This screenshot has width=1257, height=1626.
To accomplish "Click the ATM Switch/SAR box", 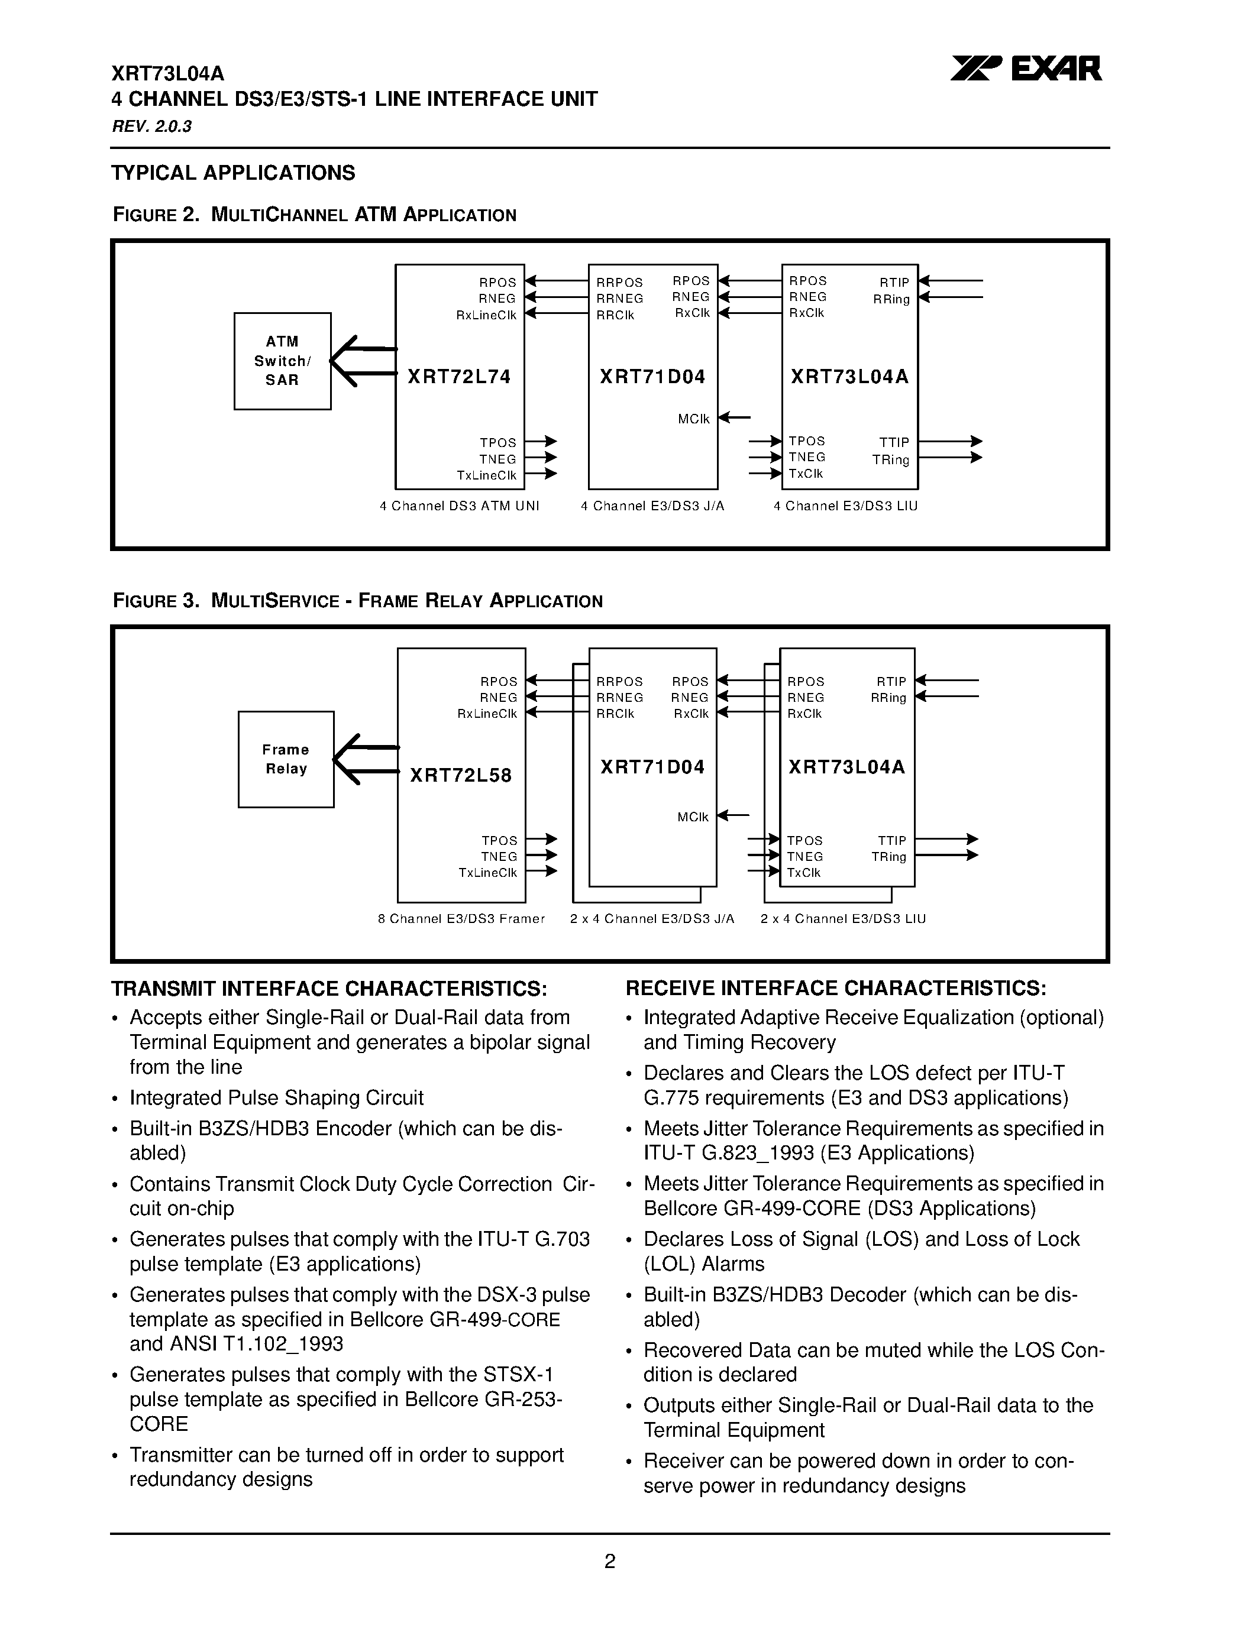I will tap(282, 361).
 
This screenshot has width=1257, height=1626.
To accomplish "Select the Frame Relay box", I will tap(286, 759).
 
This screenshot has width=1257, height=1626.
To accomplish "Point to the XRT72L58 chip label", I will tap(461, 776).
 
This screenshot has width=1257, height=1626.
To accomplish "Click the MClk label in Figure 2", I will tap(693, 419).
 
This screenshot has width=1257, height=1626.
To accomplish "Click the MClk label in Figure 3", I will tap(693, 818).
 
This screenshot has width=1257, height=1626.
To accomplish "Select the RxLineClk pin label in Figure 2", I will tap(486, 315).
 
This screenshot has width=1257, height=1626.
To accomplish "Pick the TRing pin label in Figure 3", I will tap(888, 857).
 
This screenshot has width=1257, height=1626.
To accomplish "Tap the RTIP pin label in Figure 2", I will tap(894, 283).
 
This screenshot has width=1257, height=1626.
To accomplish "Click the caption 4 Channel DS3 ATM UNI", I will tap(460, 506).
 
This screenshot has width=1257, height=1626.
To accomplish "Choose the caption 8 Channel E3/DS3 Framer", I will tap(461, 919).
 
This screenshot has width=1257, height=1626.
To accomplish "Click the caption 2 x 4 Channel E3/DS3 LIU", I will tap(843, 919).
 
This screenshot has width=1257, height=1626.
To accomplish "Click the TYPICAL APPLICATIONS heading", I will tap(233, 173).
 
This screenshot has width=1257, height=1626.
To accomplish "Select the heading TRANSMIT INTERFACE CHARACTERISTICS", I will tap(329, 989).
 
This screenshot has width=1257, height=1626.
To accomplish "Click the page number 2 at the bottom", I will tap(609, 1561).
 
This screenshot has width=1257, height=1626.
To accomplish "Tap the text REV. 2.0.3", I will tap(152, 127).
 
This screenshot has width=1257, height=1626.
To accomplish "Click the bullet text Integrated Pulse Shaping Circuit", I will tap(276, 1098).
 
